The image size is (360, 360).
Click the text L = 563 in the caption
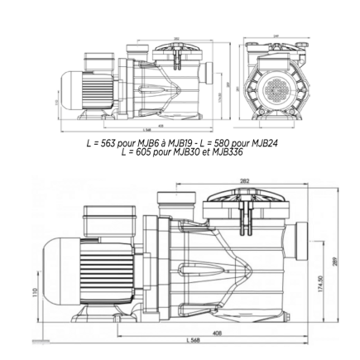tap(105, 142)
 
